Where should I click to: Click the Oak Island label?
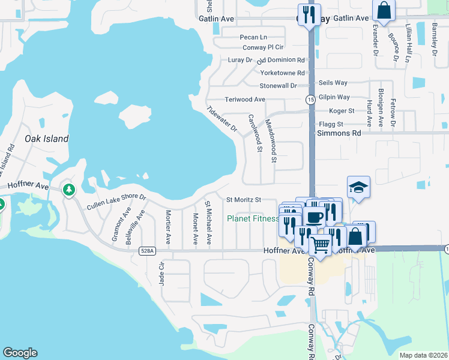[46, 139]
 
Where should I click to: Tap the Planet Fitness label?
[252, 218]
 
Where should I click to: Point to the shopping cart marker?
[321, 244]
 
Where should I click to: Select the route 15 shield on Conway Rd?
[310, 99]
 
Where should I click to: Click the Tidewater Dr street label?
[221, 119]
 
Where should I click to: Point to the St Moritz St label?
[243, 200]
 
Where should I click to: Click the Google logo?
[20, 353]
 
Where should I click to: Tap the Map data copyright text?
[423, 355]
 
